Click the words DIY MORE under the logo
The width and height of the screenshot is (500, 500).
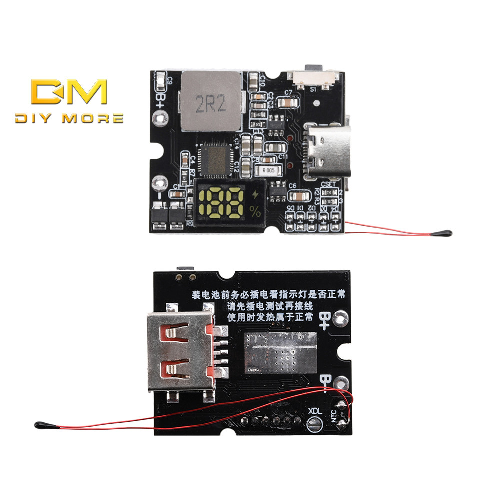tap(69, 119)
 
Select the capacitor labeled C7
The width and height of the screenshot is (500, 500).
tap(288, 102)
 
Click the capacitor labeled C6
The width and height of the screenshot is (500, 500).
tap(298, 196)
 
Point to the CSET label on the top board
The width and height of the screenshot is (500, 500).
tap(329, 184)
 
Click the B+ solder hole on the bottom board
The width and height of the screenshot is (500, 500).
tap(342, 316)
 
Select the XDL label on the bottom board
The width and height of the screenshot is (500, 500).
tap(315, 411)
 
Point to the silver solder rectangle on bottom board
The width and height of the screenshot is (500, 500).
tap(280, 353)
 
